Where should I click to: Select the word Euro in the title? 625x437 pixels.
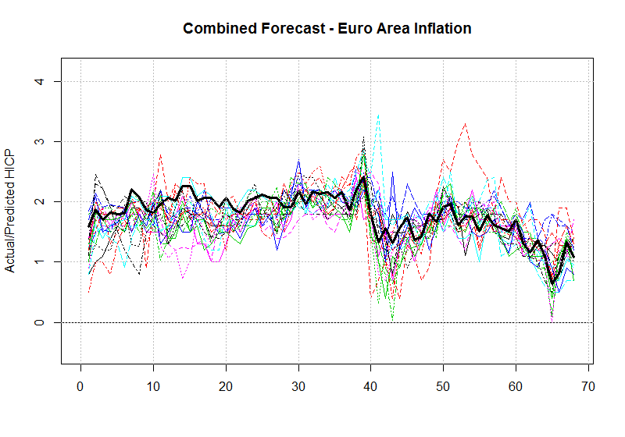[352, 29]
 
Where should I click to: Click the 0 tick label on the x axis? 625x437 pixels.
[80, 385]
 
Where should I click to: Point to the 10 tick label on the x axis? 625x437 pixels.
[153, 385]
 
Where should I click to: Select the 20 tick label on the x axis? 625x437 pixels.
[226, 385]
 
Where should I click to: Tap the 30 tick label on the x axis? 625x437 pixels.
[298, 385]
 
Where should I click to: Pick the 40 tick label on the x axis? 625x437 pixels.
[371, 385]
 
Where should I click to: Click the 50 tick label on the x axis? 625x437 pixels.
[443, 385]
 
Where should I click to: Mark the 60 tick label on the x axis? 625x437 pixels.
[516, 385]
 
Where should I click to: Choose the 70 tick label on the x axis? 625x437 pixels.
[588, 385]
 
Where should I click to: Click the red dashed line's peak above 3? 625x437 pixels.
[466, 123]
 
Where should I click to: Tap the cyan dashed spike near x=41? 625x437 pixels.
[378, 115]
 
